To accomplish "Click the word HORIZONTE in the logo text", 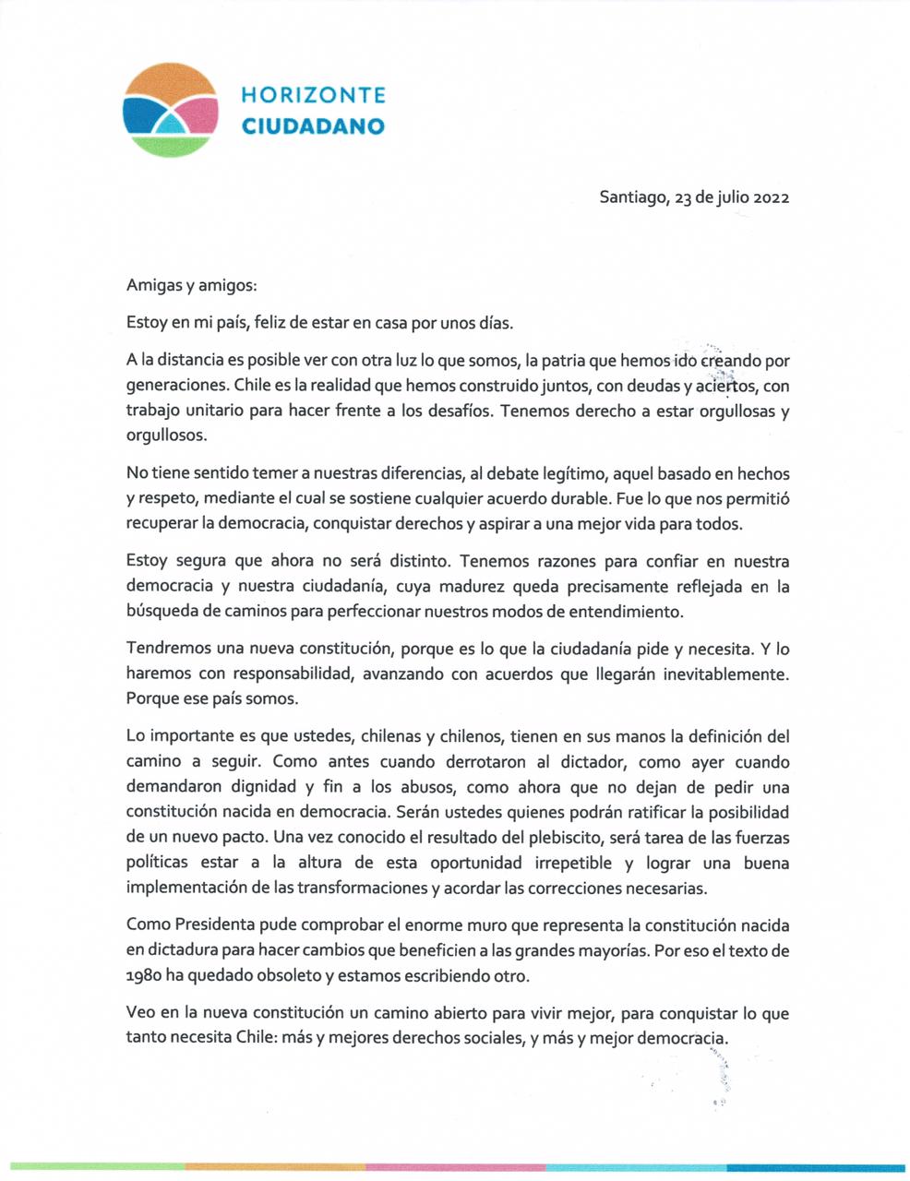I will click(x=313, y=95).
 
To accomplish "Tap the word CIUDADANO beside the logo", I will click(x=313, y=126).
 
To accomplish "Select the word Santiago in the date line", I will click(x=631, y=197).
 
